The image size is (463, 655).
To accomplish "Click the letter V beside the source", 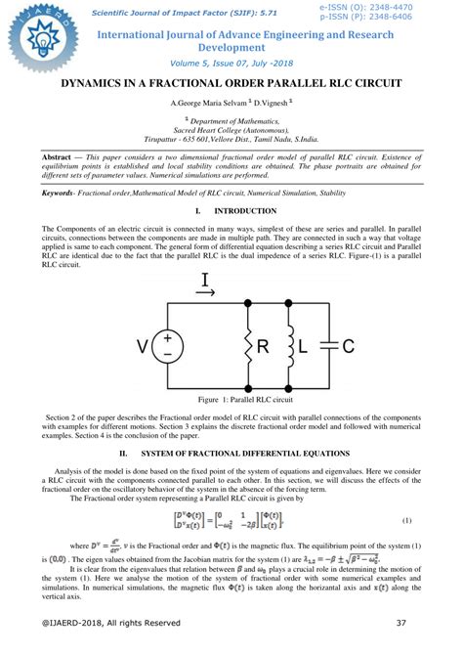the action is coord(143,346).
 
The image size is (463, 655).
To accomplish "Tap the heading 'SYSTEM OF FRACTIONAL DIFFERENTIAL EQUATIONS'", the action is coord(245,455).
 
